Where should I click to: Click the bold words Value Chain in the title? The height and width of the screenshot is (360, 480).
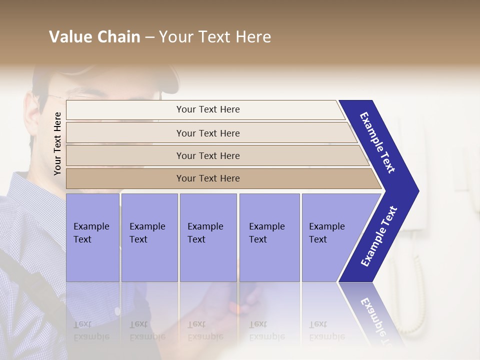pyautogui.click(x=94, y=37)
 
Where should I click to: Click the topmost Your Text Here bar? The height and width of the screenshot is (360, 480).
pyautogui.click(x=207, y=109)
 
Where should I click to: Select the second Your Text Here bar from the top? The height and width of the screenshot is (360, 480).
pyautogui.click(x=207, y=133)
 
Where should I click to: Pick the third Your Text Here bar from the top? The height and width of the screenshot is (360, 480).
pyautogui.click(x=207, y=155)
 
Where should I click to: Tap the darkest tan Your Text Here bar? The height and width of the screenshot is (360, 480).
pyautogui.click(x=207, y=178)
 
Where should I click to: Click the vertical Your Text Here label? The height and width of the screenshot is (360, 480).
pyautogui.click(x=57, y=143)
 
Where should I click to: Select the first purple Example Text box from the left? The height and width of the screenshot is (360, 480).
pyautogui.click(x=92, y=237)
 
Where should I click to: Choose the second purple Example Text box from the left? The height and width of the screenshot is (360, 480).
pyautogui.click(x=149, y=237)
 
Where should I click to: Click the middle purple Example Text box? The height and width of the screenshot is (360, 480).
pyautogui.click(x=208, y=237)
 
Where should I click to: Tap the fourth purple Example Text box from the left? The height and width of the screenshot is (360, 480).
pyautogui.click(x=269, y=237)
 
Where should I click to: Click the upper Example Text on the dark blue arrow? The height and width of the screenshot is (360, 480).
pyautogui.click(x=378, y=142)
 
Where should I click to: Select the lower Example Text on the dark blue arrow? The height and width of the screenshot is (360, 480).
pyautogui.click(x=379, y=236)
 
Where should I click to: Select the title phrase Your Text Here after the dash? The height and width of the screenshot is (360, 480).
pyautogui.click(x=215, y=37)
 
